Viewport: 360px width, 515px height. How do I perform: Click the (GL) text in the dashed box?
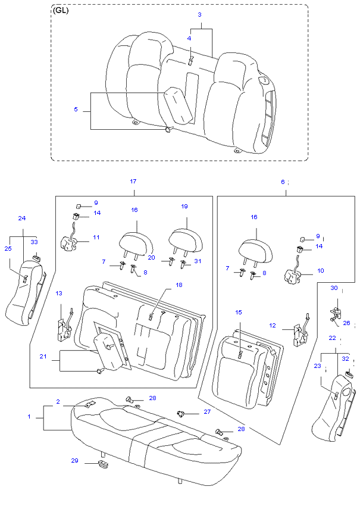(61, 11)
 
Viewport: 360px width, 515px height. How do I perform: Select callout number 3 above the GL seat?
(200, 14)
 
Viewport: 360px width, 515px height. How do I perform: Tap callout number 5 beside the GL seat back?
(76, 110)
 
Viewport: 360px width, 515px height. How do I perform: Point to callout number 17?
(133, 181)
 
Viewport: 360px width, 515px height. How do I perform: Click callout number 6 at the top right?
(283, 182)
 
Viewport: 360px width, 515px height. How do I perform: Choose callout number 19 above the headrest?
(184, 207)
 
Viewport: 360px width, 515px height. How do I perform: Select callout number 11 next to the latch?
(96, 238)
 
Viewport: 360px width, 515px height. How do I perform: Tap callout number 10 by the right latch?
(320, 270)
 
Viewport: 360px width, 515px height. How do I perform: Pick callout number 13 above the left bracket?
(59, 294)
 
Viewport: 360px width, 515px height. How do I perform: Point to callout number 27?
(207, 411)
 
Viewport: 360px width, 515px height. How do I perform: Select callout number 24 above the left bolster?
(22, 219)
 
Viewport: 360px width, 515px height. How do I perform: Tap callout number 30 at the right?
(334, 288)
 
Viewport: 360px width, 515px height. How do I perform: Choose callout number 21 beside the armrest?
(43, 357)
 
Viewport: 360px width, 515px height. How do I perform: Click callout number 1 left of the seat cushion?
(29, 417)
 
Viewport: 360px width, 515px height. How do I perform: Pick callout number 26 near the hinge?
(346, 324)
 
